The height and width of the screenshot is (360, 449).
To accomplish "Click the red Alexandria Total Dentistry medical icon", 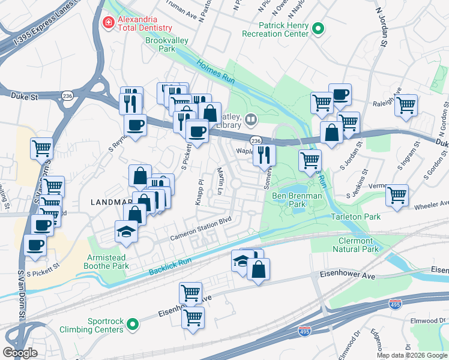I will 109,23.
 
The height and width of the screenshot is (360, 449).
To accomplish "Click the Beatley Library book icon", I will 250,119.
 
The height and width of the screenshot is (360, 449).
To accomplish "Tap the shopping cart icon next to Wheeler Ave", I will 397,195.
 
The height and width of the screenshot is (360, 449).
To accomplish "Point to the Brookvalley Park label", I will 167,45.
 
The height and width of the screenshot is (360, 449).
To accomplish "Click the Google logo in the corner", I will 20,353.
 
